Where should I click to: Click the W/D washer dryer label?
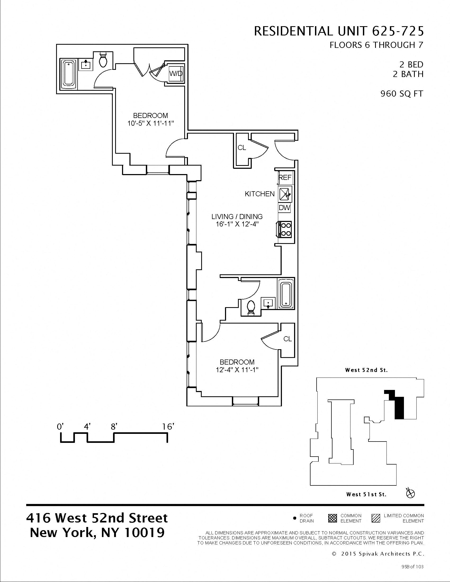click(176, 73)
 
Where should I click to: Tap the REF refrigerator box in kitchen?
click(285, 177)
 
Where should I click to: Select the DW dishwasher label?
click(285, 208)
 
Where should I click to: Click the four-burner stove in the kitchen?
click(285, 229)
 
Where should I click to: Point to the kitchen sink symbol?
click(285, 193)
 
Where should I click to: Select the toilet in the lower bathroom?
click(251, 308)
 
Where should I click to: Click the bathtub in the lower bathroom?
click(286, 293)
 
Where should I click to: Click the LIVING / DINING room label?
click(237, 216)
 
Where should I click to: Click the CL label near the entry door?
click(242, 147)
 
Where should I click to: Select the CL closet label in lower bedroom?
click(287, 339)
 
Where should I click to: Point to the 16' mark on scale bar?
click(168, 427)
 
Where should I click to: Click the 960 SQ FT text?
click(402, 94)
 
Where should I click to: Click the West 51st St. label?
click(366, 495)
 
